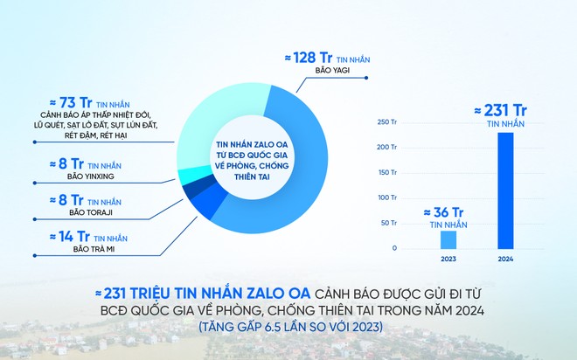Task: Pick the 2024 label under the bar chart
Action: tap(505, 260)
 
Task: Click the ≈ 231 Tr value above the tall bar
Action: tap(504, 110)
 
